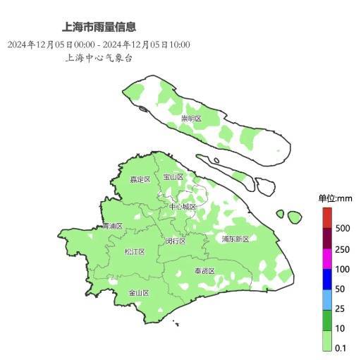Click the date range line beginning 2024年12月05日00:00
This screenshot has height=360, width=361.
coord(99,44)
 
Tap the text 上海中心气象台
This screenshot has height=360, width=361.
coord(99,58)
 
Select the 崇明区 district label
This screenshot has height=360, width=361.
coord(191,119)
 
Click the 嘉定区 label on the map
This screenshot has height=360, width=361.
coord(140,179)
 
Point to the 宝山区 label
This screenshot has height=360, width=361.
coord(173,177)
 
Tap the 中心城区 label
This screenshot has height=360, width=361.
coord(183,207)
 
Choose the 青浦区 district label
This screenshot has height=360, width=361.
coord(112,227)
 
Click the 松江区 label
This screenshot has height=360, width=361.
coord(135,252)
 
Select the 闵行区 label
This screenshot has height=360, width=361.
coord(176,241)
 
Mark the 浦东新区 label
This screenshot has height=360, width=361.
coord(235,239)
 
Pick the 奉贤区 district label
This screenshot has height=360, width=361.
coord(204,271)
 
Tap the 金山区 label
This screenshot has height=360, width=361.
coord(138,292)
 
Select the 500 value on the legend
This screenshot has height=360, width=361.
coord(343,228)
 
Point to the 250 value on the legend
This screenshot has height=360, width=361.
coord(343,249)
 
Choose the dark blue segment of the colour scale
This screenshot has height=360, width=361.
coord(327,280)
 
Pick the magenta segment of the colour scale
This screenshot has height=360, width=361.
coord(327,259)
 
